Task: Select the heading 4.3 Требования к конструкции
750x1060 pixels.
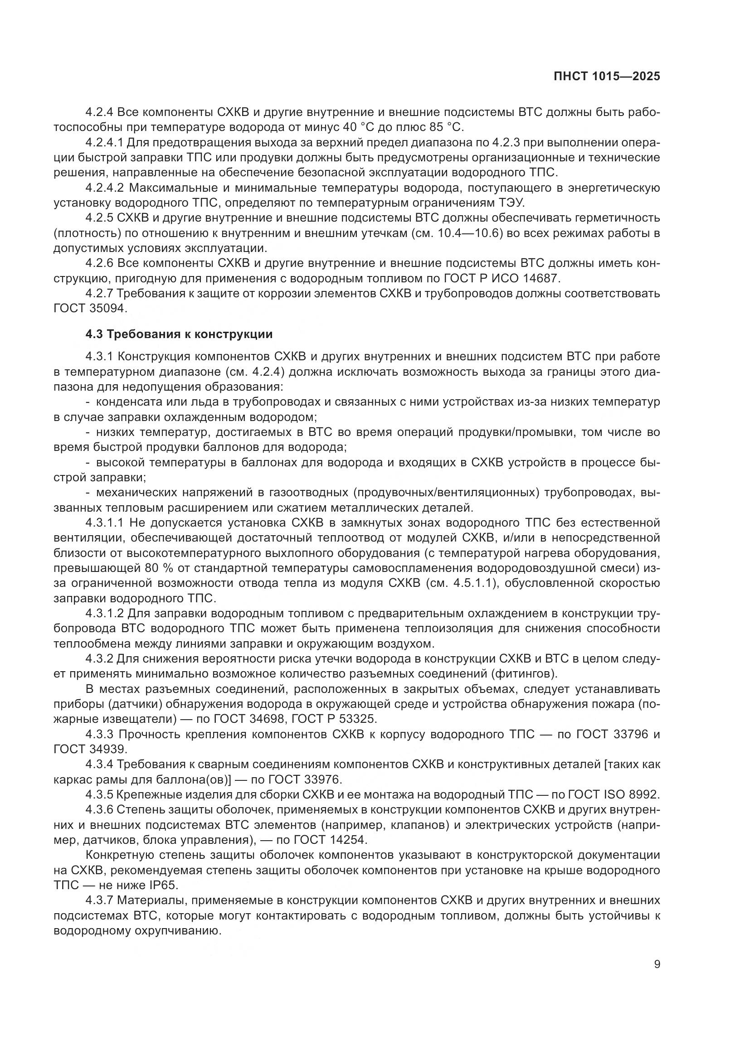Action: (x=179, y=334)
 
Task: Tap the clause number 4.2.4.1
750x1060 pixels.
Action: (x=105, y=142)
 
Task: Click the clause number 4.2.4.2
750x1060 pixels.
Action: (x=105, y=188)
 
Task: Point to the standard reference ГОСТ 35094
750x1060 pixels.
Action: (x=90, y=309)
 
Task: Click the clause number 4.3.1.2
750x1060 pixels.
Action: (x=105, y=614)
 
